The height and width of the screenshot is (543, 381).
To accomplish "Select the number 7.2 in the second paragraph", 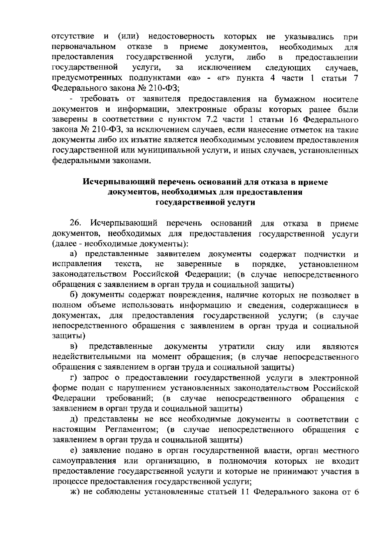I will [x=207, y=120].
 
